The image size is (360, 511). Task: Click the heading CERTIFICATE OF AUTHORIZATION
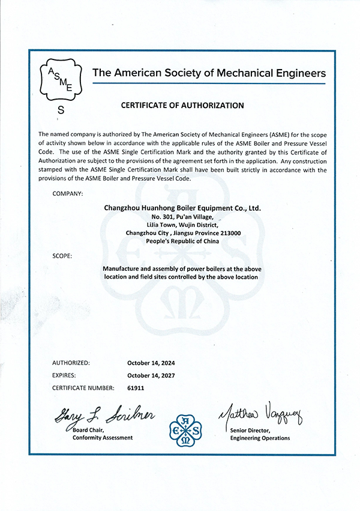point(182,105)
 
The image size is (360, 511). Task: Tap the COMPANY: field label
point(68,193)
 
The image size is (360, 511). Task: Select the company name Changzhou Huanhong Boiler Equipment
point(182,207)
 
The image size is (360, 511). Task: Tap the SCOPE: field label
point(62,256)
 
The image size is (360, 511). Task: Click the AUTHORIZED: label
point(71,363)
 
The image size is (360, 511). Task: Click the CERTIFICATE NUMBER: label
point(83,388)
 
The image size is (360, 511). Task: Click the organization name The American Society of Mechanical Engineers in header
point(209,73)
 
